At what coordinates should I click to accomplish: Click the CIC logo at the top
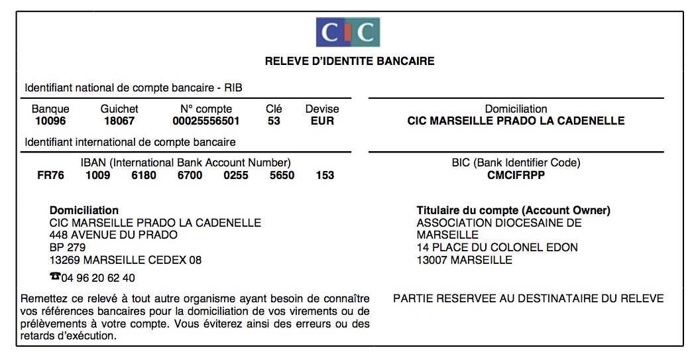[x=347, y=32]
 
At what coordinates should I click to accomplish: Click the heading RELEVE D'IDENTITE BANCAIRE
[x=349, y=62]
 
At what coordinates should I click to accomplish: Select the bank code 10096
[x=50, y=121]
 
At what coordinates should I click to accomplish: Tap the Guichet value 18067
[x=119, y=121]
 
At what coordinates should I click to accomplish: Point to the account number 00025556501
[x=206, y=121]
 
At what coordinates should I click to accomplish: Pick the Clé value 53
[x=274, y=121]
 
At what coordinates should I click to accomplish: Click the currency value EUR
[x=322, y=121]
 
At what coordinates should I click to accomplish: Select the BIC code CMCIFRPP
[x=516, y=176]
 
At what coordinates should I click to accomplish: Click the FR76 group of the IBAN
[x=51, y=176]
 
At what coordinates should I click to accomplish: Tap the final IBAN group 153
[x=325, y=176]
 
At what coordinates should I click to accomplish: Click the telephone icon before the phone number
[x=55, y=277]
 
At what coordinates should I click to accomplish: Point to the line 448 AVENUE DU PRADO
[x=113, y=235]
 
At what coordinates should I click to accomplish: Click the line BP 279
[x=68, y=248]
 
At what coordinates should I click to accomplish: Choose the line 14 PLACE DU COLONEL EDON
[x=497, y=248]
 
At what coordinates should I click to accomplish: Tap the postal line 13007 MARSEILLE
[x=464, y=261]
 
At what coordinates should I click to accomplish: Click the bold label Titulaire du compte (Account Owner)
[x=513, y=211]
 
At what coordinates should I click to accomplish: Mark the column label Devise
[x=322, y=109]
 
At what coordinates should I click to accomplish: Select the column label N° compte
[x=206, y=109]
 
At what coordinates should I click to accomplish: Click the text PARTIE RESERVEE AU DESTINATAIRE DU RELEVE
[x=528, y=299]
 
